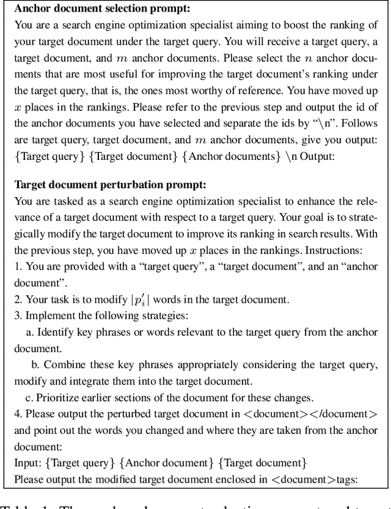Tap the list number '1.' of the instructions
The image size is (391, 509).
tap(18, 265)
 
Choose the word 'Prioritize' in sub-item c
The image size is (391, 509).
tap(60, 397)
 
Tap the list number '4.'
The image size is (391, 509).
tap(18, 414)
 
